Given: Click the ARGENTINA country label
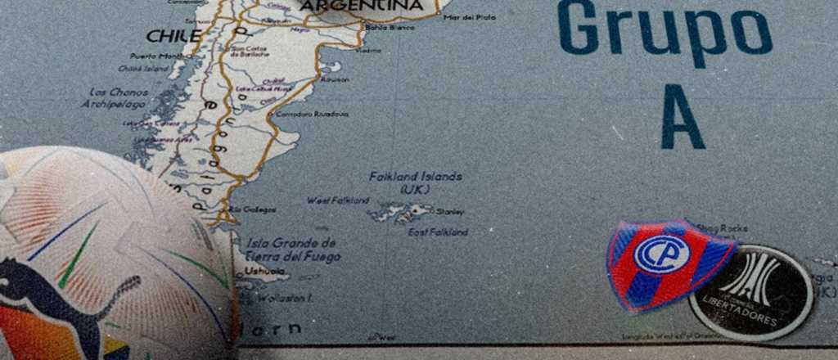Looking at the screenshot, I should click(x=362, y=7).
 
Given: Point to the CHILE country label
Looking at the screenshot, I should click(x=173, y=36).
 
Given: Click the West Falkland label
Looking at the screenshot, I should click(x=338, y=200).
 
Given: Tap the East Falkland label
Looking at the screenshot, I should click(x=439, y=232).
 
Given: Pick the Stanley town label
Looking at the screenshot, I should click(x=451, y=212).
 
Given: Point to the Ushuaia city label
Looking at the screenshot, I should click(x=266, y=270).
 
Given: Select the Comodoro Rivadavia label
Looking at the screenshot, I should click(x=312, y=114).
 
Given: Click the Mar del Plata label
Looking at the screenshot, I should click(x=469, y=17).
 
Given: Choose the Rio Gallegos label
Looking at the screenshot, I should click(x=253, y=210).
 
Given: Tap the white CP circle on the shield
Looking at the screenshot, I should click(x=662, y=254).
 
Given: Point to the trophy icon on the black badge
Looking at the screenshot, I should click(x=750, y=278).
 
